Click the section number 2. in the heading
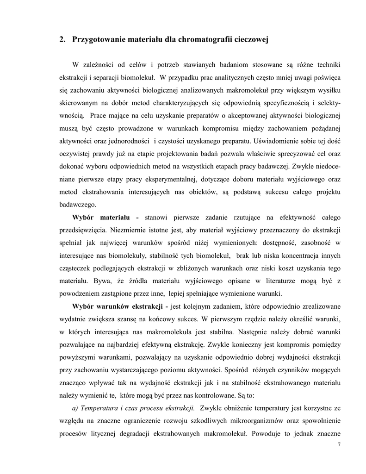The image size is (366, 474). pos(62,40)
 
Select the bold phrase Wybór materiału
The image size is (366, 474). pos(100,217)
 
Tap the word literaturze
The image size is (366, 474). pos(248,281)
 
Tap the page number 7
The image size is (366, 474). pos(339,444)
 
